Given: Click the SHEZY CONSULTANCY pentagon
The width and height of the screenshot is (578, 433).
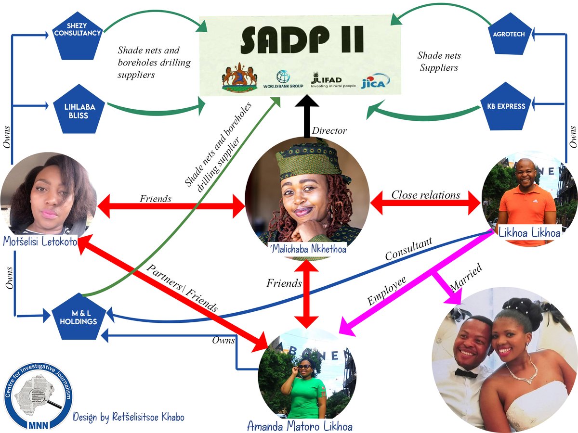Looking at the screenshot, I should (x=78, y=34).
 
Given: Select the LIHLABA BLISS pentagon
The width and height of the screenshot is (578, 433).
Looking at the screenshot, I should (x=78, y=111).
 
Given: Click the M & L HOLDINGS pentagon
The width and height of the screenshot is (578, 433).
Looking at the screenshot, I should (x=78, y=318).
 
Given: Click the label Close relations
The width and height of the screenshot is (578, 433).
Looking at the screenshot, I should (x=425, y=195).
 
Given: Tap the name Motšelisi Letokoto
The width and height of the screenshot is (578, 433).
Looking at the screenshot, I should (x=39, y=242).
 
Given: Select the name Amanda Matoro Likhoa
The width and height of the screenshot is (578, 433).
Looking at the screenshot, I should (x=299, y=426).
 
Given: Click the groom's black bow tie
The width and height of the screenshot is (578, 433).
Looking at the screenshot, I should (x=466, y=373).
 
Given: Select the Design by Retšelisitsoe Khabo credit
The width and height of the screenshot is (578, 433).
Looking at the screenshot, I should (x=128, y=417).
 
